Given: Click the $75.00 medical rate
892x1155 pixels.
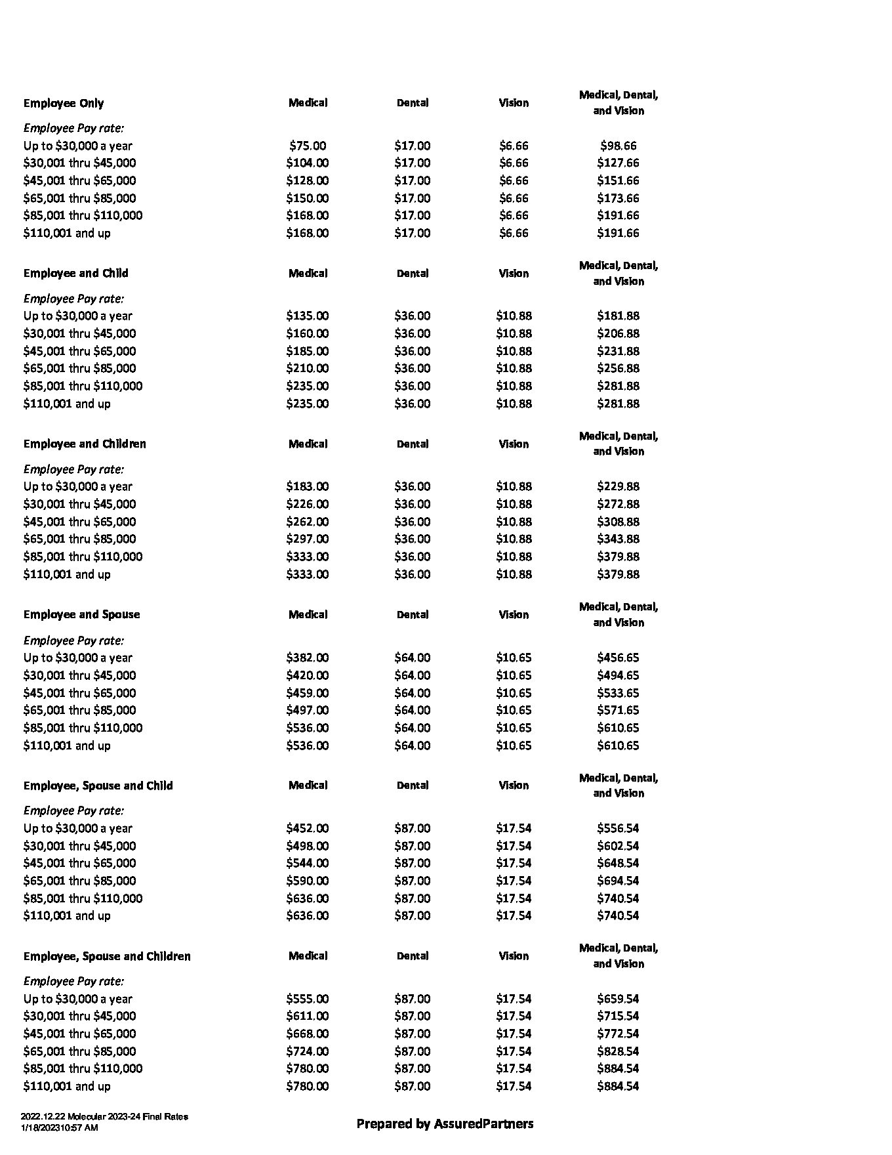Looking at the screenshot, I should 308,146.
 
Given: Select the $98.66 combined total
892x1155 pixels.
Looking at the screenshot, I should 618,146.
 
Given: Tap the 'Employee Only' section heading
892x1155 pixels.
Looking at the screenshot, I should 64,103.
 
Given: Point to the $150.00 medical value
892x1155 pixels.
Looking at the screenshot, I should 308,198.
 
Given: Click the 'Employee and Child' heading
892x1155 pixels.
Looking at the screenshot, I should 76,273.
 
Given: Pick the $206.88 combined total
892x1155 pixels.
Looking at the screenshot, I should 618,333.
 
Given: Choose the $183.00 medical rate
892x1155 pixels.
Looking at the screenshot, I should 308,486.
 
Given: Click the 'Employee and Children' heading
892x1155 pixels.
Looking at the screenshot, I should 85,444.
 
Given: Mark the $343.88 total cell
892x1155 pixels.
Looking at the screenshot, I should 618,539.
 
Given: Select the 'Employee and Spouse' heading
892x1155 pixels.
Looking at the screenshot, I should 82,614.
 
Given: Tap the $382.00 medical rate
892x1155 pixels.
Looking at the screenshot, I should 308,658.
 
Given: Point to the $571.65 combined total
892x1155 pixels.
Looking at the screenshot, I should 618,710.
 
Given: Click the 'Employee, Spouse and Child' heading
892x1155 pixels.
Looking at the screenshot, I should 98,786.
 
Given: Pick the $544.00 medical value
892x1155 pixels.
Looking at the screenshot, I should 308,863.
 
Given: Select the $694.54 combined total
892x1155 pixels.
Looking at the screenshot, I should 618,881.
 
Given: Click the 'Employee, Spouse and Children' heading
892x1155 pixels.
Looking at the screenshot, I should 107,956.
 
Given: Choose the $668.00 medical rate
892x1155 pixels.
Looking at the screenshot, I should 308,1034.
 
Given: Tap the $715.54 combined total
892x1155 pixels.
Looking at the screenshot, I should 618,1016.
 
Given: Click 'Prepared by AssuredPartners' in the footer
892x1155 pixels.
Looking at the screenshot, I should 445,1123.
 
